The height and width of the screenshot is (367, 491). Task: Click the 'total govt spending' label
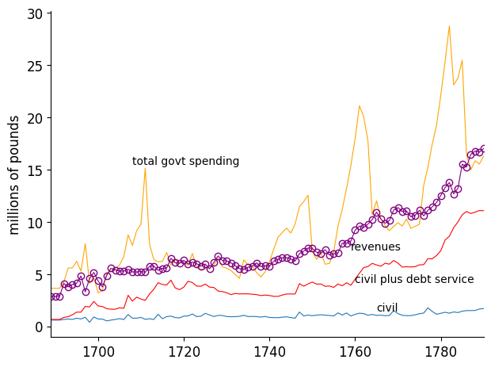click(x=185, y=162)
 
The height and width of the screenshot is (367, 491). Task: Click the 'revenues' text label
click(x=375, y=247)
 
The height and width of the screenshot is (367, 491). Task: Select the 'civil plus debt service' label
click(x=414, y=280)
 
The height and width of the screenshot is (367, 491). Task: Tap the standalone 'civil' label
click(x=387, y=308)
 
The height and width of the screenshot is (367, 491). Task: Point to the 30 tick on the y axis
click(x=36, y=13)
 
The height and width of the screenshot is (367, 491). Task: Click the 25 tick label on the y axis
click(x=36, y=66)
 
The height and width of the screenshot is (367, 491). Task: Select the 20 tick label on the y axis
click(x=36, y=118)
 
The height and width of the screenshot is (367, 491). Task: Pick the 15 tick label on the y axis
click(x=36, y=170)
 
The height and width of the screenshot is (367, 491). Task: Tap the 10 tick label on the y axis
click(x=36, y=223)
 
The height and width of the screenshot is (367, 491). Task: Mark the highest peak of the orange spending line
click(x=449, y=26)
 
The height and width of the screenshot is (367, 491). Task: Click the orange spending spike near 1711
click(x=145, y=167)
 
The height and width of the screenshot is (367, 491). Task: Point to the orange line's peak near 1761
click(x=360, y=105)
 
